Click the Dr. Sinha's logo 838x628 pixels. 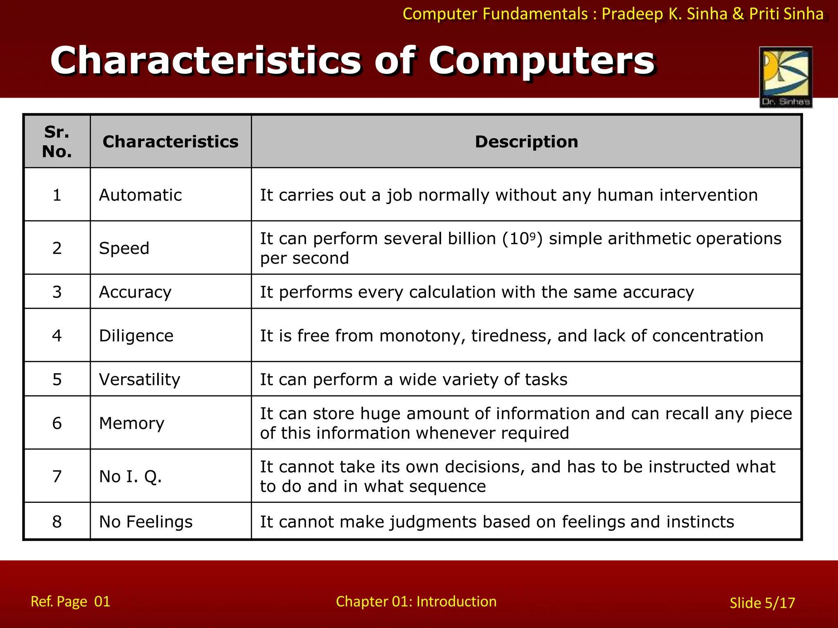pyautogui.click(x=786, y=77)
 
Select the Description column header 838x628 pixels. pyautogui.click(x=526, y=142)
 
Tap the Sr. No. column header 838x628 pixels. pyautogui.click(x=57, y=142)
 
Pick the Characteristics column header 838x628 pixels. pyautogui.click(x=170, y=142)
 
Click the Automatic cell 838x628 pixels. pyautogui.click(x=140, y=195)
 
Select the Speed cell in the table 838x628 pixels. pyautogui.click(x=124, y=248)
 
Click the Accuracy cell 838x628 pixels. pyautogui.click(x=135, y=292)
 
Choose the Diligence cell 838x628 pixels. pyautogui.click(x=136, y=336)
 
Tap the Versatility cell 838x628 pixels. pyautogui.click(x=140, y=379)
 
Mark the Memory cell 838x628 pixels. pyautogui.click(x=132, y=423)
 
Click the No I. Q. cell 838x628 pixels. pyautogui.click(x=131, y=476)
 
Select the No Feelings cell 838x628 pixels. pyautogui.click(x=146, y=522)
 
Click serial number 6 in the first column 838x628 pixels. pyautogui.click(x=57, y=423)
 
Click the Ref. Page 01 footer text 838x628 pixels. pyautogui.click(x=70, y=601)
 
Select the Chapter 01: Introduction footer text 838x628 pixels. pyautogui.click(x=416, y=601)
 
